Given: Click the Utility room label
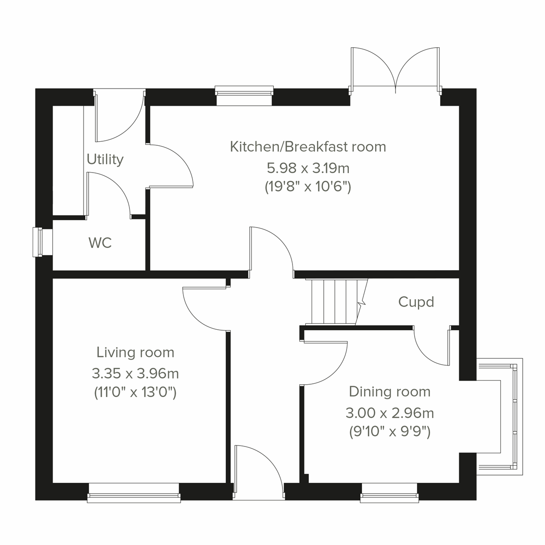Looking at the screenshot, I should click(x=105, y=159).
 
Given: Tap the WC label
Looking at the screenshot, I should click(x=100, y=243).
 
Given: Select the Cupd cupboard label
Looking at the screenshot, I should click(x=416, y=302).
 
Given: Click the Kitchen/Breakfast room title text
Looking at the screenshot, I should click(x=308, y=147).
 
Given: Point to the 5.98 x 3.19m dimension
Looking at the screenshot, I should click(x=308, y=168).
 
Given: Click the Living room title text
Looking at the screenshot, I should click(x=135, y=352).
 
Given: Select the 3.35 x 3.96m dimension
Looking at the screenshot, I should click(x=135, y=374).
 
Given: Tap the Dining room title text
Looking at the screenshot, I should click(x=390, y=391).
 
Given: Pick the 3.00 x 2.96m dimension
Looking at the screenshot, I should click(x=390, y=413).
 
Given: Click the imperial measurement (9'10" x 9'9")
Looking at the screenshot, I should click(x=390, y=431).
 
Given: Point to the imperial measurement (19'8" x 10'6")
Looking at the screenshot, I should click(x=308, y=187).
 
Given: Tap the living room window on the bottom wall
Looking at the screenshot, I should click(x=134, y=493).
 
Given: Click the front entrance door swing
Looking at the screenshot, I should click(x=259, y=468).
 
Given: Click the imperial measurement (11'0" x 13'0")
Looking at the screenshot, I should click(x=135, y=392).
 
